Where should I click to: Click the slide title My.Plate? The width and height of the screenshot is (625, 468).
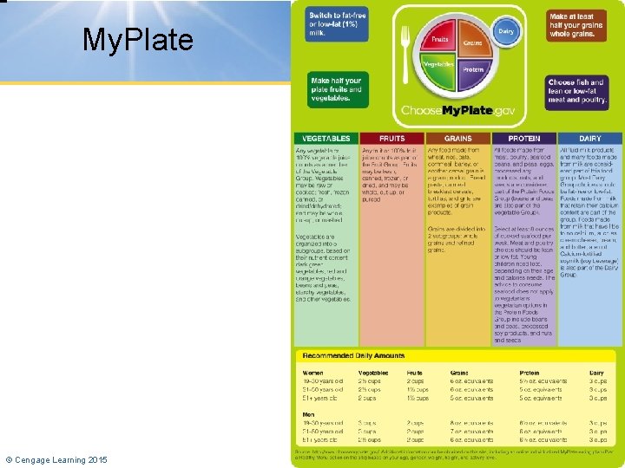click(138, 40)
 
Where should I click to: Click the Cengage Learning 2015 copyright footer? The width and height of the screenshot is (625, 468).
click(56, 459)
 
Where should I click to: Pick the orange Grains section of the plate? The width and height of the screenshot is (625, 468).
click(471, 42)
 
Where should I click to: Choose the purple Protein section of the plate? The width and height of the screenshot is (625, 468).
click(472, 71)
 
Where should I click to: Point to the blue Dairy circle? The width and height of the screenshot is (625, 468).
click(505, 31)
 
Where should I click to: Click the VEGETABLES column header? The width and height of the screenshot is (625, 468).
click(326, 139)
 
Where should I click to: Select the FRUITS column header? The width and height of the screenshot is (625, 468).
click(391, 139)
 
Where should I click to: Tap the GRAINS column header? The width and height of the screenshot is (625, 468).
click(457, 139)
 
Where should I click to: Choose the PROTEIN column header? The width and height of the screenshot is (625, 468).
click(523, 139)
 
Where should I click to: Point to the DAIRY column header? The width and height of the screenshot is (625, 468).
click(589, 139)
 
